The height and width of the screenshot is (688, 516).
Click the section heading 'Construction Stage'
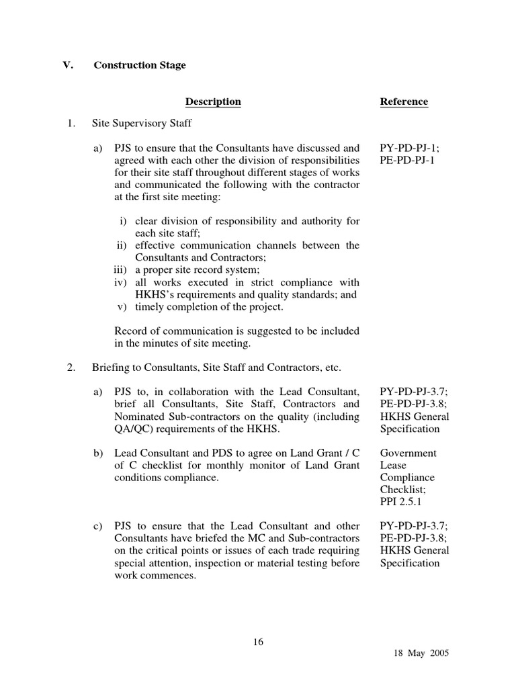click(x=140, y=66)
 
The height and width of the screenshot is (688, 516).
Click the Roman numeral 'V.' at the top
click(x=68, y=66)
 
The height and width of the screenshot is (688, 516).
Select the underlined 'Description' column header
click(x=213, y=102)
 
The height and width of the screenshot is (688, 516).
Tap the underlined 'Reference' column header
click(x=404, y=102)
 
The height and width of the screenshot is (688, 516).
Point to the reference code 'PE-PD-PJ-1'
click(x=405, y=161)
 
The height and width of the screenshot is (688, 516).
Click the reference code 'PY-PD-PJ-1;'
click(x=407, y=148)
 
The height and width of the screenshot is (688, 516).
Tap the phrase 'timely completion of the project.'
click(x=210, y=307)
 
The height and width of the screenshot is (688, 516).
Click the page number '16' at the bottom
click(x=258, y=642)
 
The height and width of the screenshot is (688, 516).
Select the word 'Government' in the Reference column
click(x=408, y=453)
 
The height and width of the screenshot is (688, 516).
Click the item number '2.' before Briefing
click(x=71, y=368)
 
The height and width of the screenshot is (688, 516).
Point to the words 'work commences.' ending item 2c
click(x=155, y=575)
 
